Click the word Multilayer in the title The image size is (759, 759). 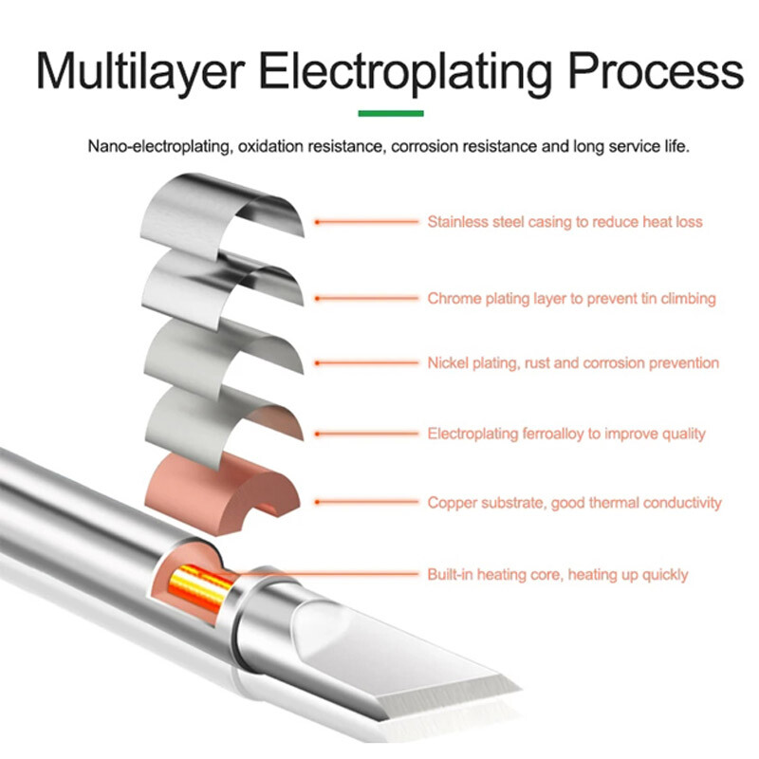pyautogui.click(x=139, y=71)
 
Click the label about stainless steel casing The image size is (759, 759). pyautogui.click(x=565, y=222)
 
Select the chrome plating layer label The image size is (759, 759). pyautogui.click(x=571, y=298)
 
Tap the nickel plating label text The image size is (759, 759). pyautogui.click(x=573, y=362)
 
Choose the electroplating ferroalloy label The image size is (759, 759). pyautogui.click(x=566, y=434)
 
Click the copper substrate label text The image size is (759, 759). pyautogui.click(x=574, y=503)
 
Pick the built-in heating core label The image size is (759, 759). pyautogui.click(x=558, y=574)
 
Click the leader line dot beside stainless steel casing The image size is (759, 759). pyautogui.click(x=318, y=222)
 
